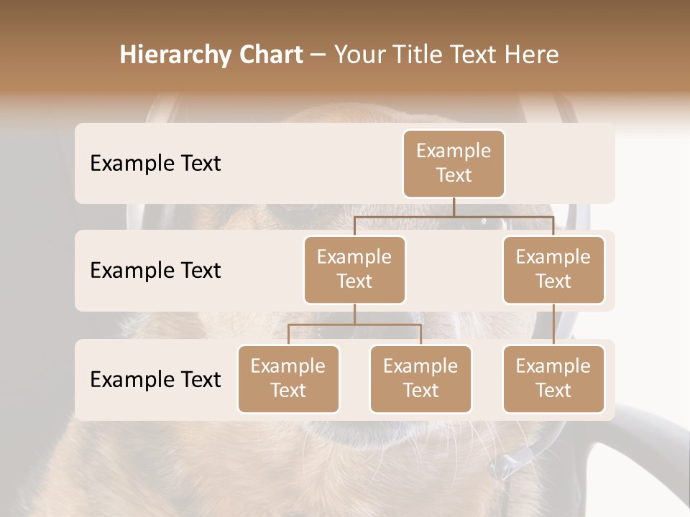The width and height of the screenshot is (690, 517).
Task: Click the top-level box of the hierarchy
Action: point(454,163)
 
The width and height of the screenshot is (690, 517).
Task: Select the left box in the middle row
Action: point(354,269)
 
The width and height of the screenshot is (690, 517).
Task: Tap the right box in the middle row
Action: point(553,269)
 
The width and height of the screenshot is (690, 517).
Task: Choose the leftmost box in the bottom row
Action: point(288,378)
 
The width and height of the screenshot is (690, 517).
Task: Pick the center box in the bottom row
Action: point(420,378)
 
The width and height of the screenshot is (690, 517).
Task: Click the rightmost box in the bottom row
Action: point(553,378)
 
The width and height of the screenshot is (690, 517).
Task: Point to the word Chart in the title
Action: point(267,55)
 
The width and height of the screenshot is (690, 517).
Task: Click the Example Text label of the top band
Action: point(155,164)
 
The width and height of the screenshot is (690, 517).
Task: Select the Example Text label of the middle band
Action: point(155,271)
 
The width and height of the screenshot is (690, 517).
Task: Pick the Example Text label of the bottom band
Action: point(155,380)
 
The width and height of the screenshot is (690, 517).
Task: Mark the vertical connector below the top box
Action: point(454,207)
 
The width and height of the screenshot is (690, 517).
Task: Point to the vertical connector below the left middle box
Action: point(354,314)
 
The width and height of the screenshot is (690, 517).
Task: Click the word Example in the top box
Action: point(454,151)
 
